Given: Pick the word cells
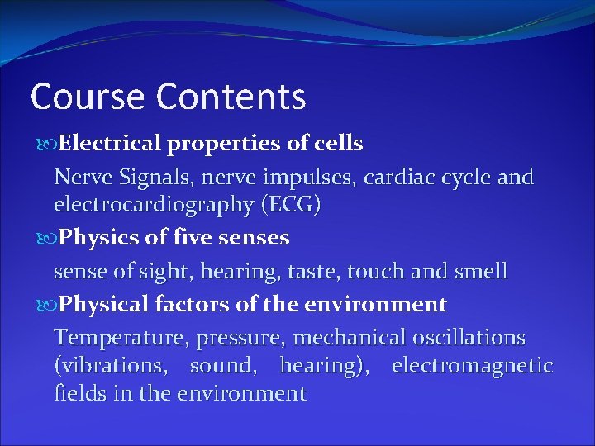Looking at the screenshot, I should tap(338, 144).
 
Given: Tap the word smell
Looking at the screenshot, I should tap(478, 272).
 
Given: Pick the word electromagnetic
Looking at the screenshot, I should tap(472, 366).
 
